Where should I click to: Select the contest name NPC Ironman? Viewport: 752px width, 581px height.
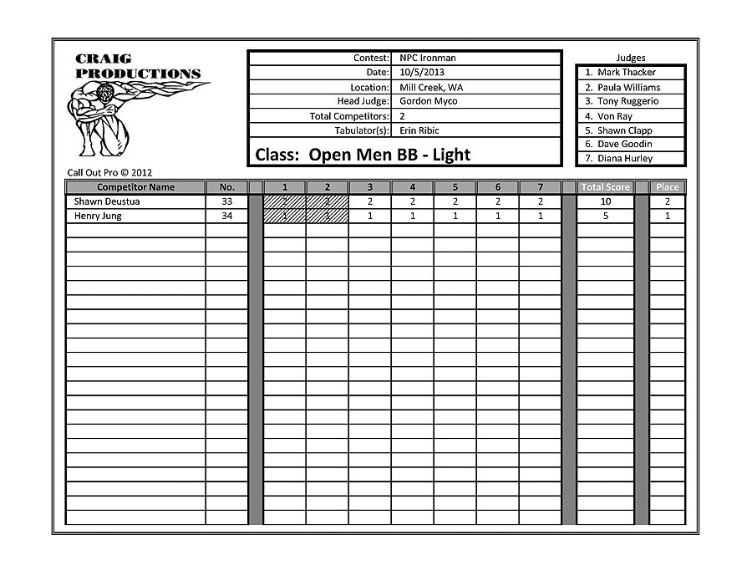[x=428, y=59]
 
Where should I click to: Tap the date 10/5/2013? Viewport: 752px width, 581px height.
[x=422, y=73]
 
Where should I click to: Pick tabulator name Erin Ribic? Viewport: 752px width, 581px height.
[x=419, y=130]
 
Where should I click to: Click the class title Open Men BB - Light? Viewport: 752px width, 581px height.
[x=363, y=155]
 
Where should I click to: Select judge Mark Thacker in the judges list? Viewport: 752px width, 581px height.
[x=626, y=73]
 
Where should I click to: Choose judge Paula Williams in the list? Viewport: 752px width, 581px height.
[x=628, y=87]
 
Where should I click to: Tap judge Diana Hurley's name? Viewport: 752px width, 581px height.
[x=625, y=159]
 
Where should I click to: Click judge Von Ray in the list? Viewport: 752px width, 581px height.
[x=614, y=116]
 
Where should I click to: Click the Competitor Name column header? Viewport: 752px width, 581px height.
[x=135, y=187]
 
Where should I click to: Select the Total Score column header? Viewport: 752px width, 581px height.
[x=606, y=187]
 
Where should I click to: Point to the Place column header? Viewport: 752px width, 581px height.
[x=667, y=187]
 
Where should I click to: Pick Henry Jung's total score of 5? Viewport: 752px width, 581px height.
[x=606, y=216]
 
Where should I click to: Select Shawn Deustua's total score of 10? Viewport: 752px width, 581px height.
[x=606, y=201]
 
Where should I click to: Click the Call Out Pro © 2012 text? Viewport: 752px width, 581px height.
[x=109, y=173]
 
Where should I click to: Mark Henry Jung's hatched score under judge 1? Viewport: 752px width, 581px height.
[x=285, y=216]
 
